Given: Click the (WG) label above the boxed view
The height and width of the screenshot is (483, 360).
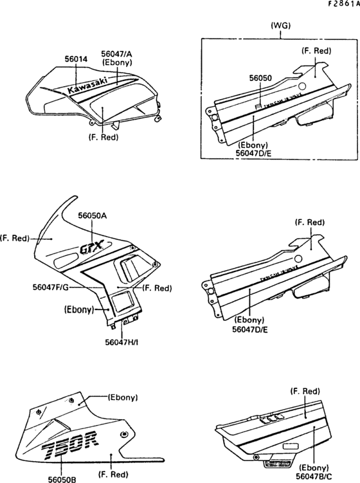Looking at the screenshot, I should (281, 26).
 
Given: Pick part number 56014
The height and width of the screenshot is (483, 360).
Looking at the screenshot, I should (75, 59).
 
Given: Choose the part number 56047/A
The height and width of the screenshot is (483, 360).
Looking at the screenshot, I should (116, 54).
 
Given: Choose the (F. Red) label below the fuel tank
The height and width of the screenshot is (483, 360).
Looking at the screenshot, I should (103, 137).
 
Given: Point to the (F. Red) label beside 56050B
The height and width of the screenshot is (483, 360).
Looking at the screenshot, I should (113, 475).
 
